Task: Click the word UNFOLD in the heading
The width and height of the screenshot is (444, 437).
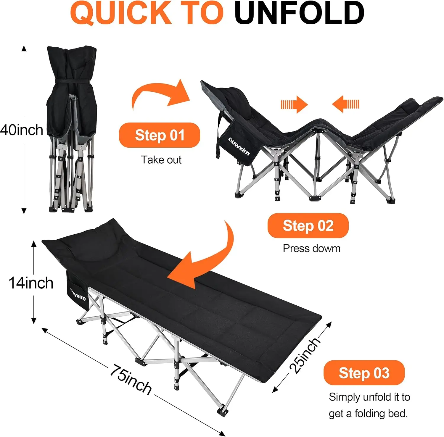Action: tap(299, 13)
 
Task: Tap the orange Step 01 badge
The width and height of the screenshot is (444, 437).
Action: tap(160, 135)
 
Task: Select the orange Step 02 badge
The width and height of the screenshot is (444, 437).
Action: tap(308, 225)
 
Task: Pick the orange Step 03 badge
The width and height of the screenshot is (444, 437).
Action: tap(364, 373)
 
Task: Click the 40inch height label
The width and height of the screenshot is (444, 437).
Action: tap(22, 130)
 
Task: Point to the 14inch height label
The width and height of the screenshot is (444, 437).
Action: tap(31, 283)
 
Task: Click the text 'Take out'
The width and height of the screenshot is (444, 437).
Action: tap(161, 160)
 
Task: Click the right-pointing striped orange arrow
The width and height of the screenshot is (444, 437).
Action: tap(294, 104)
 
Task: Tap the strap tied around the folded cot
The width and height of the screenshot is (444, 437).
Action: tap(71, 81)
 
